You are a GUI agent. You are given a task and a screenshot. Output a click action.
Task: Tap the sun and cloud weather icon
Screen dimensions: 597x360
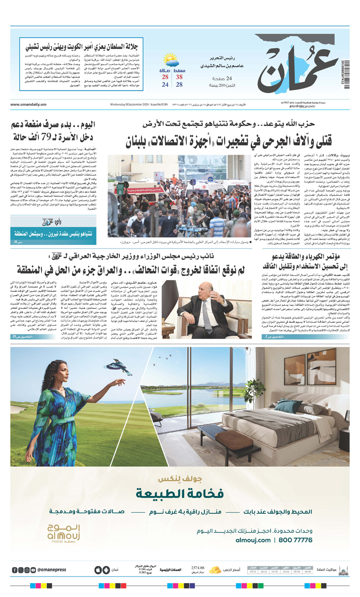171,60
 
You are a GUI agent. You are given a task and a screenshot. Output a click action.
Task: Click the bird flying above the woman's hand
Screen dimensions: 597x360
121,366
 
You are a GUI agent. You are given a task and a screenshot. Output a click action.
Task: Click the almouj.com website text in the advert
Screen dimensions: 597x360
253,539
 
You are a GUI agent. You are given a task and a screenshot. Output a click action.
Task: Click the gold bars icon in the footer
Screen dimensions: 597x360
215,570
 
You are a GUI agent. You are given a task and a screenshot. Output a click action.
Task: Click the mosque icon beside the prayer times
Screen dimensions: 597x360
344,570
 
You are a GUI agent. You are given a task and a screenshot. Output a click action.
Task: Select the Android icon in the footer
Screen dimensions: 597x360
96,570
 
